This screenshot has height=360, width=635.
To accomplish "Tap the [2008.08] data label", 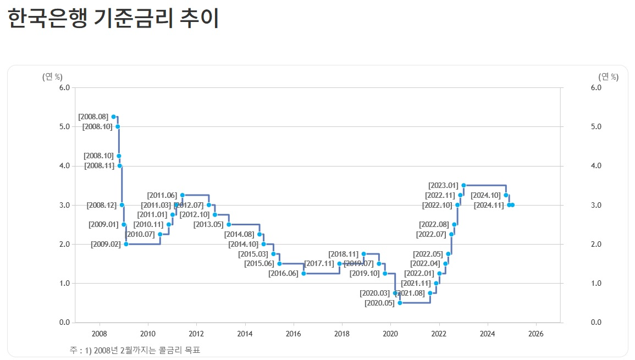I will click(93, 117).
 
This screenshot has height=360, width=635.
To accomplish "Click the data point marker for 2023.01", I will click(463, 185).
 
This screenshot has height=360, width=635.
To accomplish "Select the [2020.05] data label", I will click(379, 303).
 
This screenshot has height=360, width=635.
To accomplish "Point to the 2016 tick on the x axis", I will click(293, 333).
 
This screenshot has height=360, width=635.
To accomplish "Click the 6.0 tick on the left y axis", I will click(64, 87).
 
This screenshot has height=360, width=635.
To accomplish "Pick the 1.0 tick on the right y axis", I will click(596, 283).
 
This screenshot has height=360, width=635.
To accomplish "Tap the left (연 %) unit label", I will click(52, 76).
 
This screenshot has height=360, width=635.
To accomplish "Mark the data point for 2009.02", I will click(126, 244).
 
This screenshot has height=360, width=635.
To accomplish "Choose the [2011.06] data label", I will click(162, 195).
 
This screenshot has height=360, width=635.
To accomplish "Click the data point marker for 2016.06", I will click(303, 273).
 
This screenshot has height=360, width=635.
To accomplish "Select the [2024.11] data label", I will click(489, 205).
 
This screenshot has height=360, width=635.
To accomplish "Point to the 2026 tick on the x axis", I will click(535, 333).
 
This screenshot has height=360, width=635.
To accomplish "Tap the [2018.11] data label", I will click(344, 254).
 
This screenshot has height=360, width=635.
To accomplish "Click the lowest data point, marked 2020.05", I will click(400, 303).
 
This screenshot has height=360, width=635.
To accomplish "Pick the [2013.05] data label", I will click(208, 224).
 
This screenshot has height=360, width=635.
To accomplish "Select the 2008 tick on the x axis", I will click(100, 333).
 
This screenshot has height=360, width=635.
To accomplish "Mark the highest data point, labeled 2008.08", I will click(114, 117).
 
